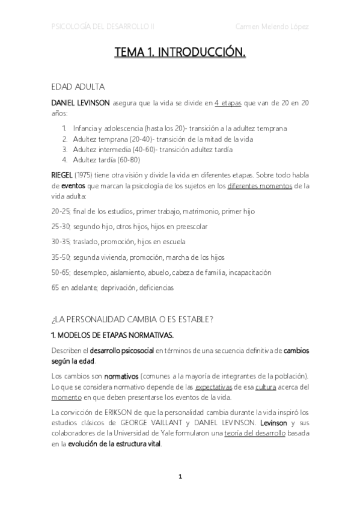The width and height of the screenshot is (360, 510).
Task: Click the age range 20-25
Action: [61, 212]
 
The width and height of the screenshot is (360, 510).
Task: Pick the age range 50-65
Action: [61, 272]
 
